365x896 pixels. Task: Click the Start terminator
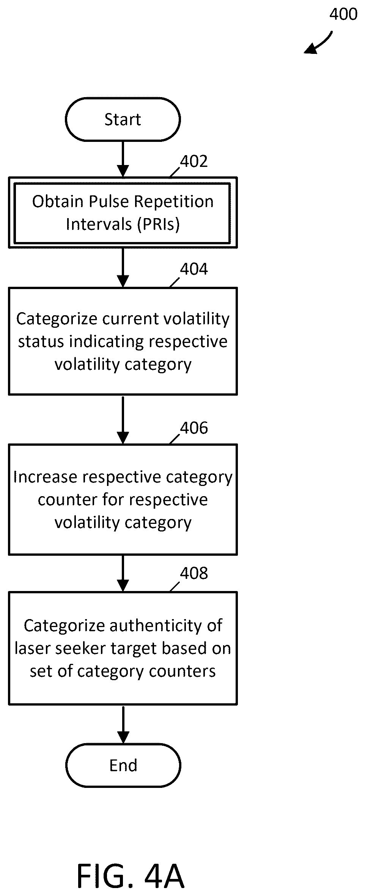point(123,119)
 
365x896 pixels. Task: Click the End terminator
point(123,765)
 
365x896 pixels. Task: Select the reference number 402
point(194,161)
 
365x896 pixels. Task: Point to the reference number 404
point(194,269)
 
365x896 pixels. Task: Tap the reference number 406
point(194,428)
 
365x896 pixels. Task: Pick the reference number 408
point(194,573)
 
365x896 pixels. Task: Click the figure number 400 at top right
point(343,14)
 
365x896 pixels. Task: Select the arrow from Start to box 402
point(123,159)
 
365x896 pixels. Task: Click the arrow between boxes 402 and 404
point(123,268)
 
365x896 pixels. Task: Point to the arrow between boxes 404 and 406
point(123,420)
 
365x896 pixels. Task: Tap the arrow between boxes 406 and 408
point(123,573)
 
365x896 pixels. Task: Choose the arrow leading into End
point(123,724)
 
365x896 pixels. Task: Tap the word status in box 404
point(41,341)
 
